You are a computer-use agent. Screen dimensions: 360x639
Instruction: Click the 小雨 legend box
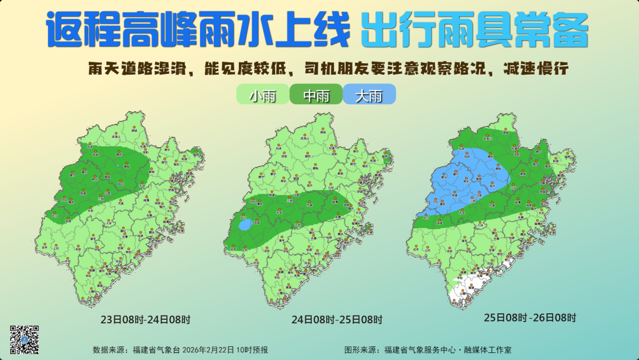262,95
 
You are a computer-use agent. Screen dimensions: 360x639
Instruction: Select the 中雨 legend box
316,95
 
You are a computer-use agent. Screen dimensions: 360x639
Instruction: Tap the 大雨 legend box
369,95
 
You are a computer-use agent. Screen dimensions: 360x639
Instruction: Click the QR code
25,340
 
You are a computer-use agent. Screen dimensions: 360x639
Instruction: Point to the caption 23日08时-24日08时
146,320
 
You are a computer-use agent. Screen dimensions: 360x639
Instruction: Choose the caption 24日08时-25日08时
337,320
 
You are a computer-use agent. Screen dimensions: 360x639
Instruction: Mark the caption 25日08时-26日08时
530,317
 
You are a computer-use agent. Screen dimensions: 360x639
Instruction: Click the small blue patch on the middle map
245,225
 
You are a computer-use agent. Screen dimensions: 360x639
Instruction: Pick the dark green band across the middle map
296,210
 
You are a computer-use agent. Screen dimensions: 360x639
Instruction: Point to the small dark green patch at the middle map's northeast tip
387,159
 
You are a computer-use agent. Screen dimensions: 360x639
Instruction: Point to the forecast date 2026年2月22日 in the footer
217,350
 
